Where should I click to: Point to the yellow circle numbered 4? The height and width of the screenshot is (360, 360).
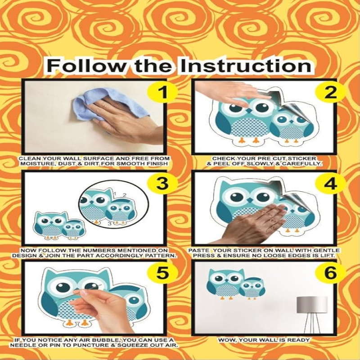pos(331,183)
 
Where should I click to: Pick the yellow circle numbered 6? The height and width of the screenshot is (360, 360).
pos(331,273)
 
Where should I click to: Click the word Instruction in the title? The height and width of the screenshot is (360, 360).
pos(246,66)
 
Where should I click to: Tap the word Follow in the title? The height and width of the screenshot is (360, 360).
pos(88,66)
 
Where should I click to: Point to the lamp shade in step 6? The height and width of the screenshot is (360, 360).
pos(312,305)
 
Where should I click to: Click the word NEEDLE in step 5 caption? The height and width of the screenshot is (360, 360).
pos(22,345)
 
